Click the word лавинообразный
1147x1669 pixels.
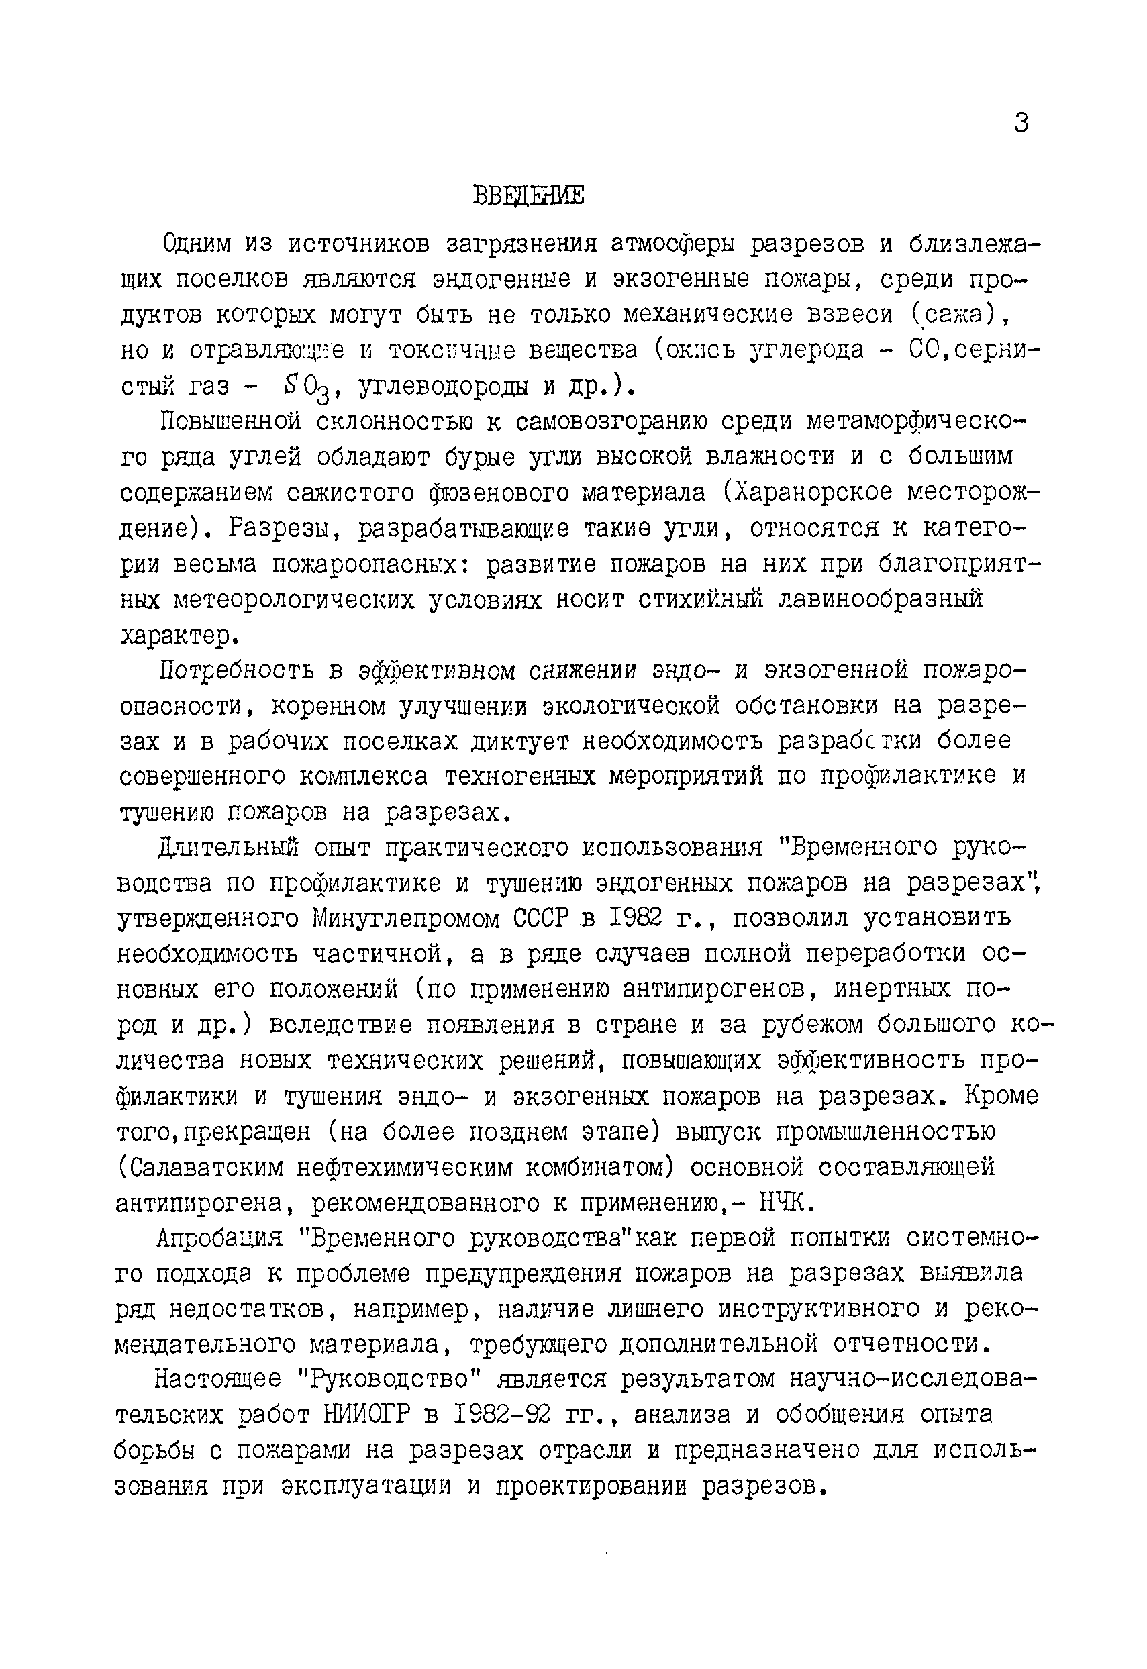[x=881, y=599]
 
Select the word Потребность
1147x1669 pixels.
[x=236, y=670]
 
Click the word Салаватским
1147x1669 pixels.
[x=203, y=1168]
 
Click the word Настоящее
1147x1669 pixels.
[x=217, y=1380]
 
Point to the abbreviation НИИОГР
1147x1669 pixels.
[x=367, y=1415]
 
